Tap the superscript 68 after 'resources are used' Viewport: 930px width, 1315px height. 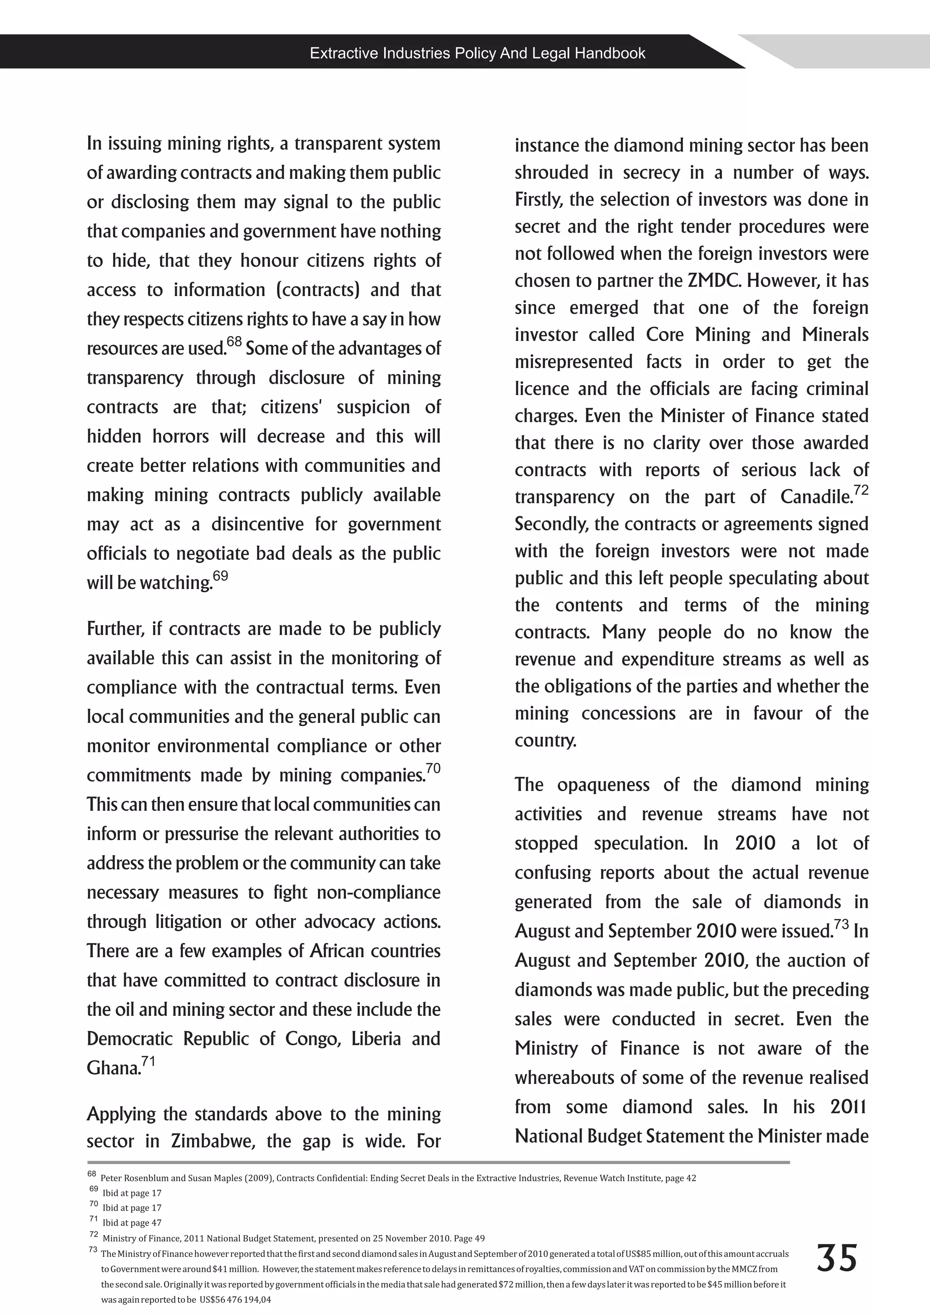[234, 342]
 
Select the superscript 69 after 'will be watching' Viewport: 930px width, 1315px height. [221, 576]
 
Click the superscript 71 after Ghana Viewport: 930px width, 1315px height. [148, 1061]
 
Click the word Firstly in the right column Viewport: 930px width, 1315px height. [538, 200]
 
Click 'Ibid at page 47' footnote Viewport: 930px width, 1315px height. [132, 1223]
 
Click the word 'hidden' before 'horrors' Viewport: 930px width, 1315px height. [114, 436]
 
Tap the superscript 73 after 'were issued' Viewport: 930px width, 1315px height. [841, 924]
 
